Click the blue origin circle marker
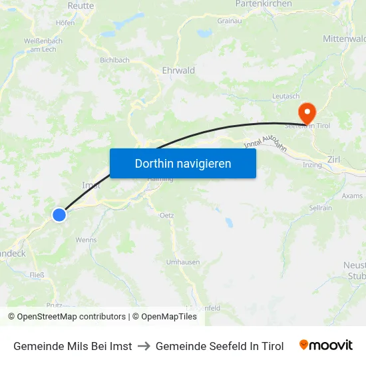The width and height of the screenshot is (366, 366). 59,214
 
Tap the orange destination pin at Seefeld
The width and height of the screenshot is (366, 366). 307,112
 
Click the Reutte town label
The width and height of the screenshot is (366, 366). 81,5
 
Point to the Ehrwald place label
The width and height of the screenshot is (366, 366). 178,71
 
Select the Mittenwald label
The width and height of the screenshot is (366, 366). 343,39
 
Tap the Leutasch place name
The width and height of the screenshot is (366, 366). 286,96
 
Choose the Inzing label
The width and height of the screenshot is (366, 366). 312,164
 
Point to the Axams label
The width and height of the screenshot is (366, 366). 352,196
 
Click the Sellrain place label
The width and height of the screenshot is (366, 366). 320,208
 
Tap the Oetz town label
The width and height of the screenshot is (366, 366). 166,216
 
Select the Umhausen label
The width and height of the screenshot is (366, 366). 183,262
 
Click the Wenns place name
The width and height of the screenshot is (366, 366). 86,240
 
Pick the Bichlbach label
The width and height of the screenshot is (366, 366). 114,60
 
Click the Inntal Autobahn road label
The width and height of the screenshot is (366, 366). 265,144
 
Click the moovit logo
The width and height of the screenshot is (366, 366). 325,345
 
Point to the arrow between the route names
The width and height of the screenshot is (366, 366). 144,346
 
